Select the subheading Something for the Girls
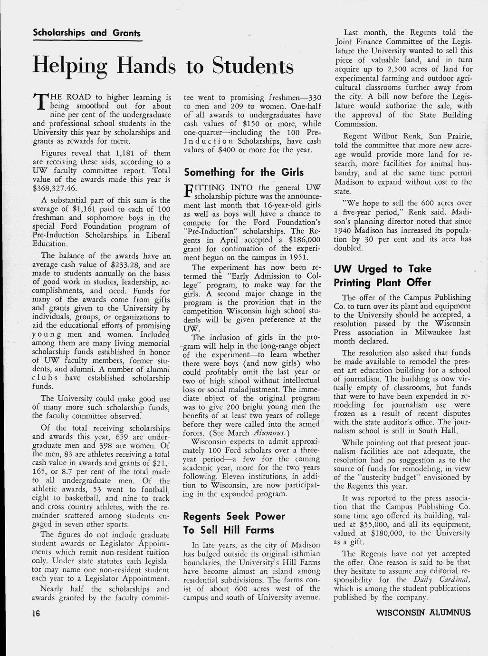(x=244, y=172)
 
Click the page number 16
(x=36, y=613)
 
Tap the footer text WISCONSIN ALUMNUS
(x=423, y=613)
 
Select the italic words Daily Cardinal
(x=441, y=580)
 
